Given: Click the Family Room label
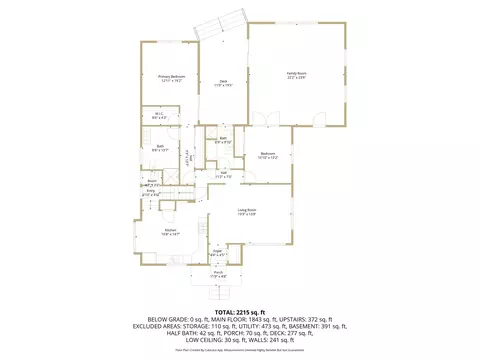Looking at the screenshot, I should [297, 73].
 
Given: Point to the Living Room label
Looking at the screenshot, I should [248, 209].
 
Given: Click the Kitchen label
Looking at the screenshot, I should [171, 231].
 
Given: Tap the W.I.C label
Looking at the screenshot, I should [159, 113].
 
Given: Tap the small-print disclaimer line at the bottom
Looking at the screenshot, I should [240, 352].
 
